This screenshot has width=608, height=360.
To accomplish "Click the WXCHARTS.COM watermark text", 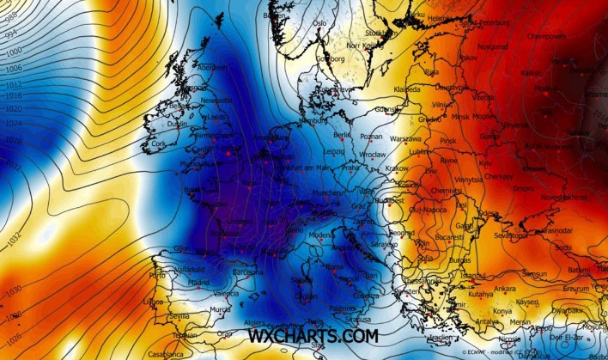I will pyautogui.click(x=313, y=336).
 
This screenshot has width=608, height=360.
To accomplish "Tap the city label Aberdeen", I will pyautogui.click(x=212, y=67).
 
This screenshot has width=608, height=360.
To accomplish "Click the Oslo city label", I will pyautogui.click(x=320, y=23).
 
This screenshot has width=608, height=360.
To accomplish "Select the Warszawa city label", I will pyautogui.click(x=404, y=137).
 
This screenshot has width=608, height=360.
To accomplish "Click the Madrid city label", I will pyautogui.click(x=199, y=282).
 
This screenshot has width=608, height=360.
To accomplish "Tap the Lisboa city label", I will pyautogui.click(x=154, y=302).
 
